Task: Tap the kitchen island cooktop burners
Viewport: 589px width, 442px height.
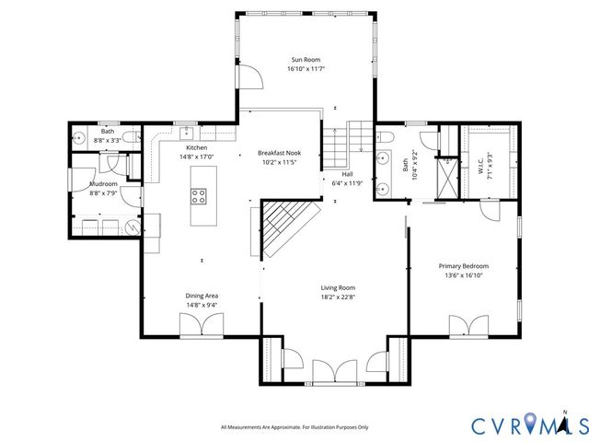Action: click(198, 195)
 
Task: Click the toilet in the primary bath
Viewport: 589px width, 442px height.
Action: click(385, 139)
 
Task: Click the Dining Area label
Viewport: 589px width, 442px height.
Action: click(202, 296)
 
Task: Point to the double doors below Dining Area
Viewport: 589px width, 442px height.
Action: click(202, 325)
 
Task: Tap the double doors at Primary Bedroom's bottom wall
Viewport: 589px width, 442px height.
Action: click(469, 326)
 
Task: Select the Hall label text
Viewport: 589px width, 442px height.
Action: click(348, 173)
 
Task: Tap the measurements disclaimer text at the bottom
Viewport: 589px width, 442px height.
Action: click(294, 427)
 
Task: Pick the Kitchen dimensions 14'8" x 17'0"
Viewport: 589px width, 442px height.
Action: click(196, 157)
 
